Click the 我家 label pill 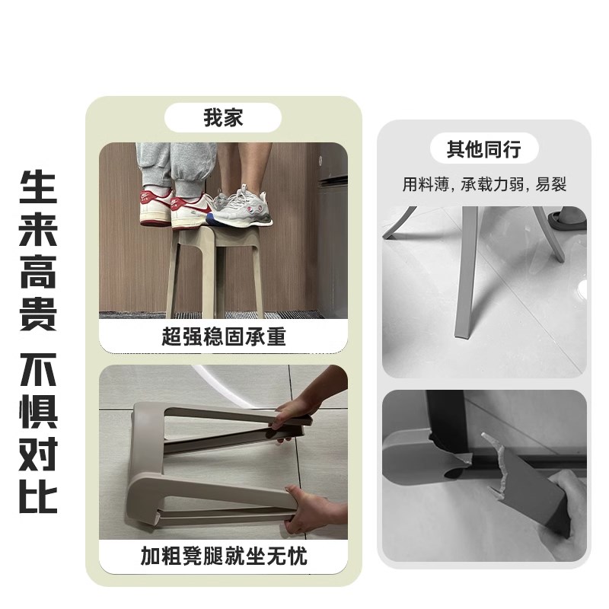coord(223,118)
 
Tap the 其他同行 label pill coord(484,149)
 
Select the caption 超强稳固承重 coord(223,336)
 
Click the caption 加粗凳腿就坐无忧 coord(223,556)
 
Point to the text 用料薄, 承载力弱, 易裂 coord(485,185)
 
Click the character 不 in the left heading coord(38,371)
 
